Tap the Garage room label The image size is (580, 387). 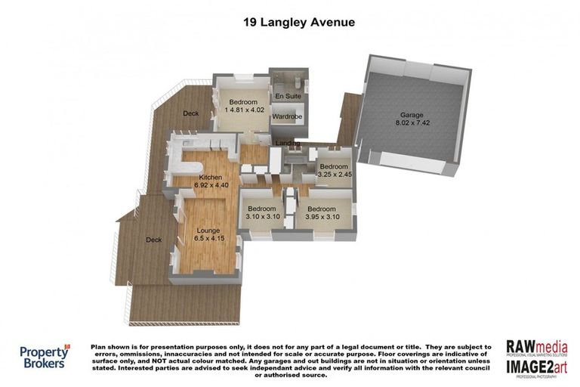(x=412, y=115)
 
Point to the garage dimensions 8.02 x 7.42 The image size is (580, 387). (x=412, y=123)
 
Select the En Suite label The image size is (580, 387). (x=286, y=98)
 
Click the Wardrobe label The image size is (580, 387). (x=286, y=117)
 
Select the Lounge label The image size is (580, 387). (x=208, y=230)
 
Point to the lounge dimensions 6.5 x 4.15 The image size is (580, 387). (x=208, y=239)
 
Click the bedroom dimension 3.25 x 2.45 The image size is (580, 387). (x=334, y=175)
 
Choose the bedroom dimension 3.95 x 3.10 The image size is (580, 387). (x=321, y=217)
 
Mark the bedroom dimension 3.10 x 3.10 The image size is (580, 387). (x=261, y=217)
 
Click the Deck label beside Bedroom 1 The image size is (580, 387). (x=190, y=114)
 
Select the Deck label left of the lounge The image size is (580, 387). (x=154, y=240)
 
